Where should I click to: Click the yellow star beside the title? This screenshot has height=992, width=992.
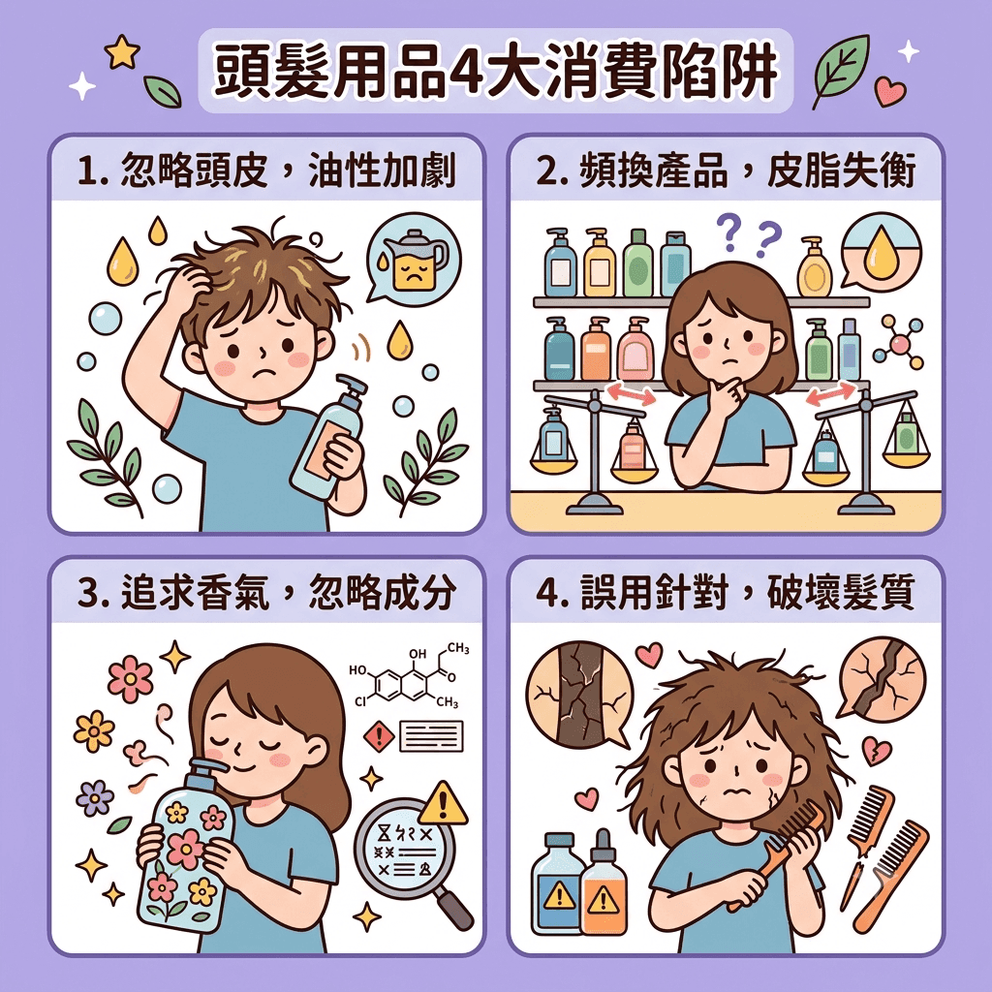[x=122, y=52]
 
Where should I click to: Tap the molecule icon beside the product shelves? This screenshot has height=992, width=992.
[x=899, y=344]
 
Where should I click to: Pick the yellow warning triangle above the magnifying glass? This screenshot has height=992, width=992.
[x=444, y=803]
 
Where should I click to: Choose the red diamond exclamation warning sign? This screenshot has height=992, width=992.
[x=380, y=737]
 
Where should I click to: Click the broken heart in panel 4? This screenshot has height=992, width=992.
[x=877, y=751]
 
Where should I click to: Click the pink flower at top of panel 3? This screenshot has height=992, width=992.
[x=131, y=679]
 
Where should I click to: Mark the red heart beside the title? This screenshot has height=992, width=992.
[x=890, y=91]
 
